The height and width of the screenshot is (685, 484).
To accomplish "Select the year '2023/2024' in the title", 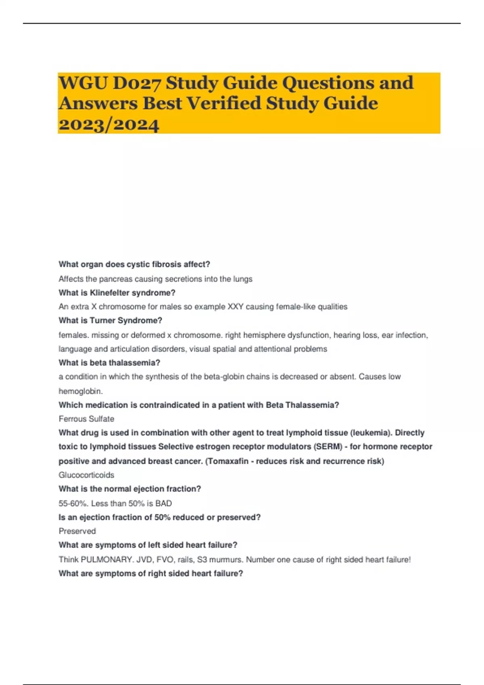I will (x=109, y=124).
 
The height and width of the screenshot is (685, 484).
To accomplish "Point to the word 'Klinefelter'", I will (x=110, y=293).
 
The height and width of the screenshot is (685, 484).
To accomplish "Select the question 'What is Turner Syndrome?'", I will (x=110, y=321).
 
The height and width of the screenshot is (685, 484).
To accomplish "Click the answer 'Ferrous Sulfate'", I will (x=86, y=419).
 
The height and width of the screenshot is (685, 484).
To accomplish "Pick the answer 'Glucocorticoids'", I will (x=86, y=475).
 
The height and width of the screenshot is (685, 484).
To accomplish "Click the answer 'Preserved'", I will (x=77, y=531).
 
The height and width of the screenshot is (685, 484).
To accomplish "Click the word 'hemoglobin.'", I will (x=81, y=391).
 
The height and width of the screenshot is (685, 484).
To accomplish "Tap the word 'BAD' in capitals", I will (x=163, y=503).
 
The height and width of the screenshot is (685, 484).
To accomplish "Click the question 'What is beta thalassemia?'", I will (x=109, y=363).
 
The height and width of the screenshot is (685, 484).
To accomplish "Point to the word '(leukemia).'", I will (x=370, y=433).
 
